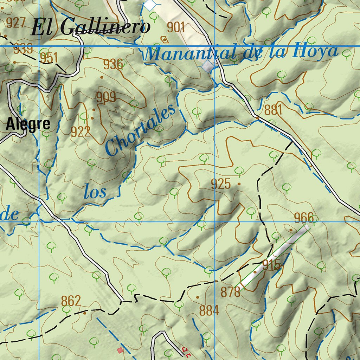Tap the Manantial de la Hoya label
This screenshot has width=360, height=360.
[x=242, y=53]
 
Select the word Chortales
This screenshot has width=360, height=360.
[x=141, y=130]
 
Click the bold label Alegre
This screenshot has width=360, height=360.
[x=28, y=124]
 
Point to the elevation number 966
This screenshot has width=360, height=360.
[x=304, y=218]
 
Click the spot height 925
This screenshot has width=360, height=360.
[x=221, y=184]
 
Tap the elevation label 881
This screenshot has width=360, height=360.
[x=274, y=110]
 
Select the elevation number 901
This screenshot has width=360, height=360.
[x=176, y=27]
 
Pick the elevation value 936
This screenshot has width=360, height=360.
[x=113, y=64]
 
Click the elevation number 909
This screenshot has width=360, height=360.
[x=106, y=97]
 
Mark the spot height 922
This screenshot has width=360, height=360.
[x=81, y=131]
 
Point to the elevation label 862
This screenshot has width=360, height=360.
[x=71, y=301]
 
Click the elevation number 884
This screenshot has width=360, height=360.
[x=209, y=310]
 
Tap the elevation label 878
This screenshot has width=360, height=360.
[x=231, y=291]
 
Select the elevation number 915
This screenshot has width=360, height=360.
[x=272, y=265]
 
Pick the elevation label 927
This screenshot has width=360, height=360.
[x=16, y=23]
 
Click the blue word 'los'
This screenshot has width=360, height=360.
[x=95, y=192]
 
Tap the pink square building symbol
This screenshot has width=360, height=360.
[x=120, y=350]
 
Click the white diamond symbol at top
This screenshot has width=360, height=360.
[x=150, y=5]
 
